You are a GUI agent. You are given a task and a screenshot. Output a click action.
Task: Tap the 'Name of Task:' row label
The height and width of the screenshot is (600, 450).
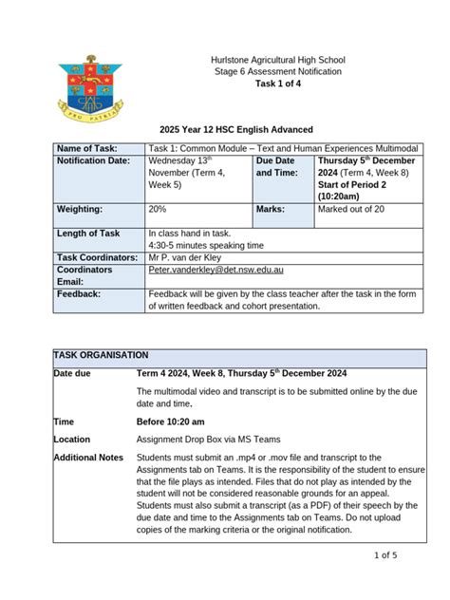pos(89,148)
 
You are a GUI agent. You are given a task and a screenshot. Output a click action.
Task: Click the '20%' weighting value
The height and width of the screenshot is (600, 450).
pos(157,209)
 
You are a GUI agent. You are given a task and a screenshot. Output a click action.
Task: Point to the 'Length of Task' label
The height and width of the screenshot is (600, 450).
pos(88,234)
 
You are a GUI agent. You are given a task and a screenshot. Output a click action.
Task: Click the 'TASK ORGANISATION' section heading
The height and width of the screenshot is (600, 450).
pos(101,353)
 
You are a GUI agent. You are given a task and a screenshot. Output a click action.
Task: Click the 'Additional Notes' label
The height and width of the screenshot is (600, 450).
pos(89,458)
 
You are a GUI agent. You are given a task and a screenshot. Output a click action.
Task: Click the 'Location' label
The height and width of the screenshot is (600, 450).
pos(72,440)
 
